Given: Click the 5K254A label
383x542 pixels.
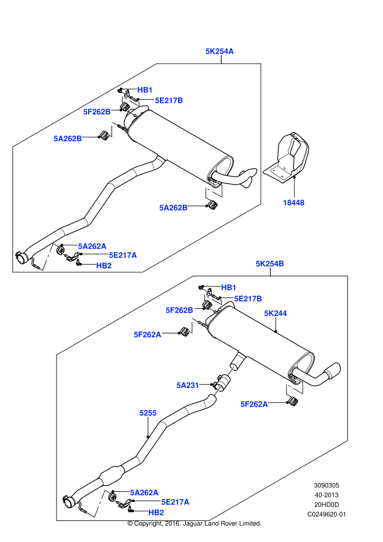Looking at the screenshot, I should (x=220, y=51).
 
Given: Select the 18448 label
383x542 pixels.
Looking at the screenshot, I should (x=294, y=203).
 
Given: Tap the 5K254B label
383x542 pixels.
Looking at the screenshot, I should (x=270, y=264).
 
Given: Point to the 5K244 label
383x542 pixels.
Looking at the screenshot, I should (x=276, y=314).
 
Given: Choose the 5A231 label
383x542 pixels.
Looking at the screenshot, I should (x=188, y=385).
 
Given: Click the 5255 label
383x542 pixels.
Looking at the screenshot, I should (x=148, y=413).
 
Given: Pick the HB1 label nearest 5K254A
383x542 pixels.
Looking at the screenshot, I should (x=145, y=90).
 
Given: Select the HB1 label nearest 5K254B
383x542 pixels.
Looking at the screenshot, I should (x=229, y=287).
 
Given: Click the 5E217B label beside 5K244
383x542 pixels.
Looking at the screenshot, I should (x=248, y=299).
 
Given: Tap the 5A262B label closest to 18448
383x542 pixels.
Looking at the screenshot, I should (x=173, y=208).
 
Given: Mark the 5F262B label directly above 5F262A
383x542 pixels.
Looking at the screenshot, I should (x=179, y=310).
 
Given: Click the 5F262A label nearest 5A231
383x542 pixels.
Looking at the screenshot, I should (x=254, y=404).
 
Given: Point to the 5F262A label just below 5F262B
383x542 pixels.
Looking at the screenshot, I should (x=148, y=335).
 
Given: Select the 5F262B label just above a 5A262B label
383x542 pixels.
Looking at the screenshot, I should (x=97, y=112).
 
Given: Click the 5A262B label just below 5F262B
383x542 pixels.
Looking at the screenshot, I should (x=68, y=139).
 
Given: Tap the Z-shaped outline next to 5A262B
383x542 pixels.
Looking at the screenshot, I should (x=214, y=191).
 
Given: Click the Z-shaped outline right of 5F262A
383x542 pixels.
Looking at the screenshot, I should (x=295, y=387).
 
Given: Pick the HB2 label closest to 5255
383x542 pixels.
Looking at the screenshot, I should (x=156, y=513).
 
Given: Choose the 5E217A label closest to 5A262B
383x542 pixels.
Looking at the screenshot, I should (x=123, y=255).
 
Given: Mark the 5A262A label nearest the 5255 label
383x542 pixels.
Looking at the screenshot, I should (x=144, y=493).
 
